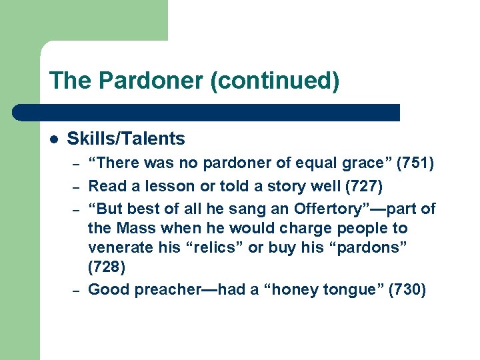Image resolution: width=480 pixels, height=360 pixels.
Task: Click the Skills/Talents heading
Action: tap(126, 139)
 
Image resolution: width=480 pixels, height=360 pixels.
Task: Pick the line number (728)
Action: tap(106, 267)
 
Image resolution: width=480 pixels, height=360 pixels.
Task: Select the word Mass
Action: tap(137, 229)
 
